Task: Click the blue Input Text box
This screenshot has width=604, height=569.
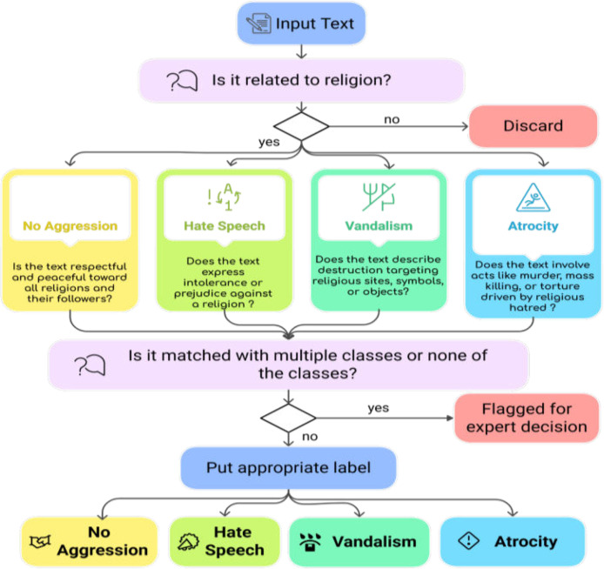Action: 301,23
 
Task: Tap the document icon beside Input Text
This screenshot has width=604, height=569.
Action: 258,23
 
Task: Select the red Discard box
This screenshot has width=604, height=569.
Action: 534,126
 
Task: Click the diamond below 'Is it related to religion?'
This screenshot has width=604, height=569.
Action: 301,126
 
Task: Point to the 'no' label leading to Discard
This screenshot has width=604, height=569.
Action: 392,120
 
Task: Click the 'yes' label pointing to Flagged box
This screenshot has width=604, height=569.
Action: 379,408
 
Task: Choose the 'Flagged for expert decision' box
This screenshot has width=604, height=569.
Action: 527,418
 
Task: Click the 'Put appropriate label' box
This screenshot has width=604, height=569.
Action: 289,468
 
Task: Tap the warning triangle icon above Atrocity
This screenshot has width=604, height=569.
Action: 534,197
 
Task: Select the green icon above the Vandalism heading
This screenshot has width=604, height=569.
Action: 379,197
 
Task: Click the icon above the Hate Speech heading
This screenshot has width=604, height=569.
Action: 225,197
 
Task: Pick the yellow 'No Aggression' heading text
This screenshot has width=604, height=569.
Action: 70,225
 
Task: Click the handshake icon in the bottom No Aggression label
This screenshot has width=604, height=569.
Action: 40,541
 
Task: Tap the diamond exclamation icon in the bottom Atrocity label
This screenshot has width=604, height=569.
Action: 469,540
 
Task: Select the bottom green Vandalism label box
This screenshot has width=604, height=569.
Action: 359,542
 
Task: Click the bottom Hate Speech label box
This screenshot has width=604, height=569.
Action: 225,541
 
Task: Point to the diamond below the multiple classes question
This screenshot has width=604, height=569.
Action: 288,418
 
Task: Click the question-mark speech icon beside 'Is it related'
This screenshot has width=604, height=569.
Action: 182,80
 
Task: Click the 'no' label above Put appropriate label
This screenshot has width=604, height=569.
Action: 310,437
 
